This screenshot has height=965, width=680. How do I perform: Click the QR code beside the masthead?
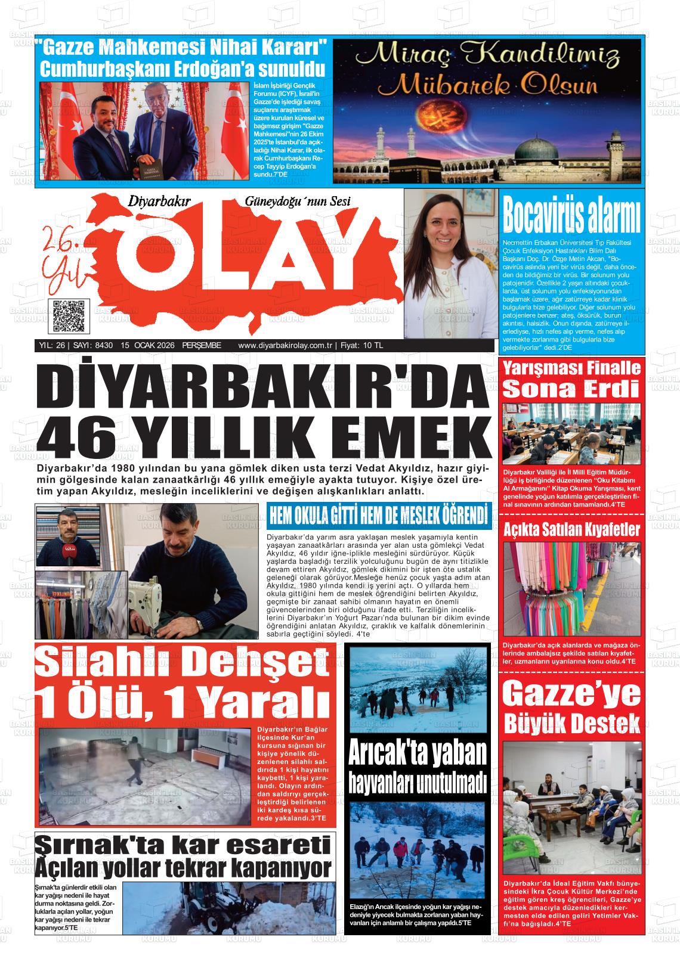click(69, 316)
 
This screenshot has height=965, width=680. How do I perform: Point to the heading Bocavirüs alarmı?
click(571, 216)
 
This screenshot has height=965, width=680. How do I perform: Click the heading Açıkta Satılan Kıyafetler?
click(571, 529)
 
